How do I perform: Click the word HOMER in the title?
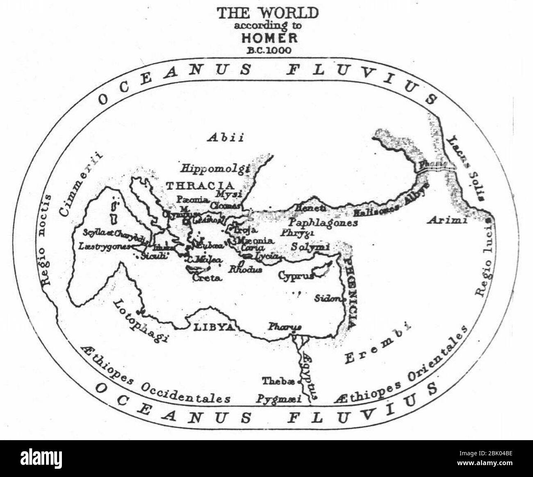pyautogui.click(x=269, y=38)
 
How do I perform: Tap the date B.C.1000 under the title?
pyautogui.click(x=269, y=50)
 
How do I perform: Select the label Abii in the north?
pyautogui.click(x=225, y=137)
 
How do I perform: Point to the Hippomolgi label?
pyautogui.click(x=216, y=168)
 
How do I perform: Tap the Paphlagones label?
pyautogui.click(x=323, y=223)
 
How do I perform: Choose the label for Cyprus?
pyautogui.click(x=296, y=276)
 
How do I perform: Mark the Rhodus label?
pyautogui.click(x=245, y=269)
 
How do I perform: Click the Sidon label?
pyautogui.click(x=328, y=298)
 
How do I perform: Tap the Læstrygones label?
pyautogui.click(x=104, y=247)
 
